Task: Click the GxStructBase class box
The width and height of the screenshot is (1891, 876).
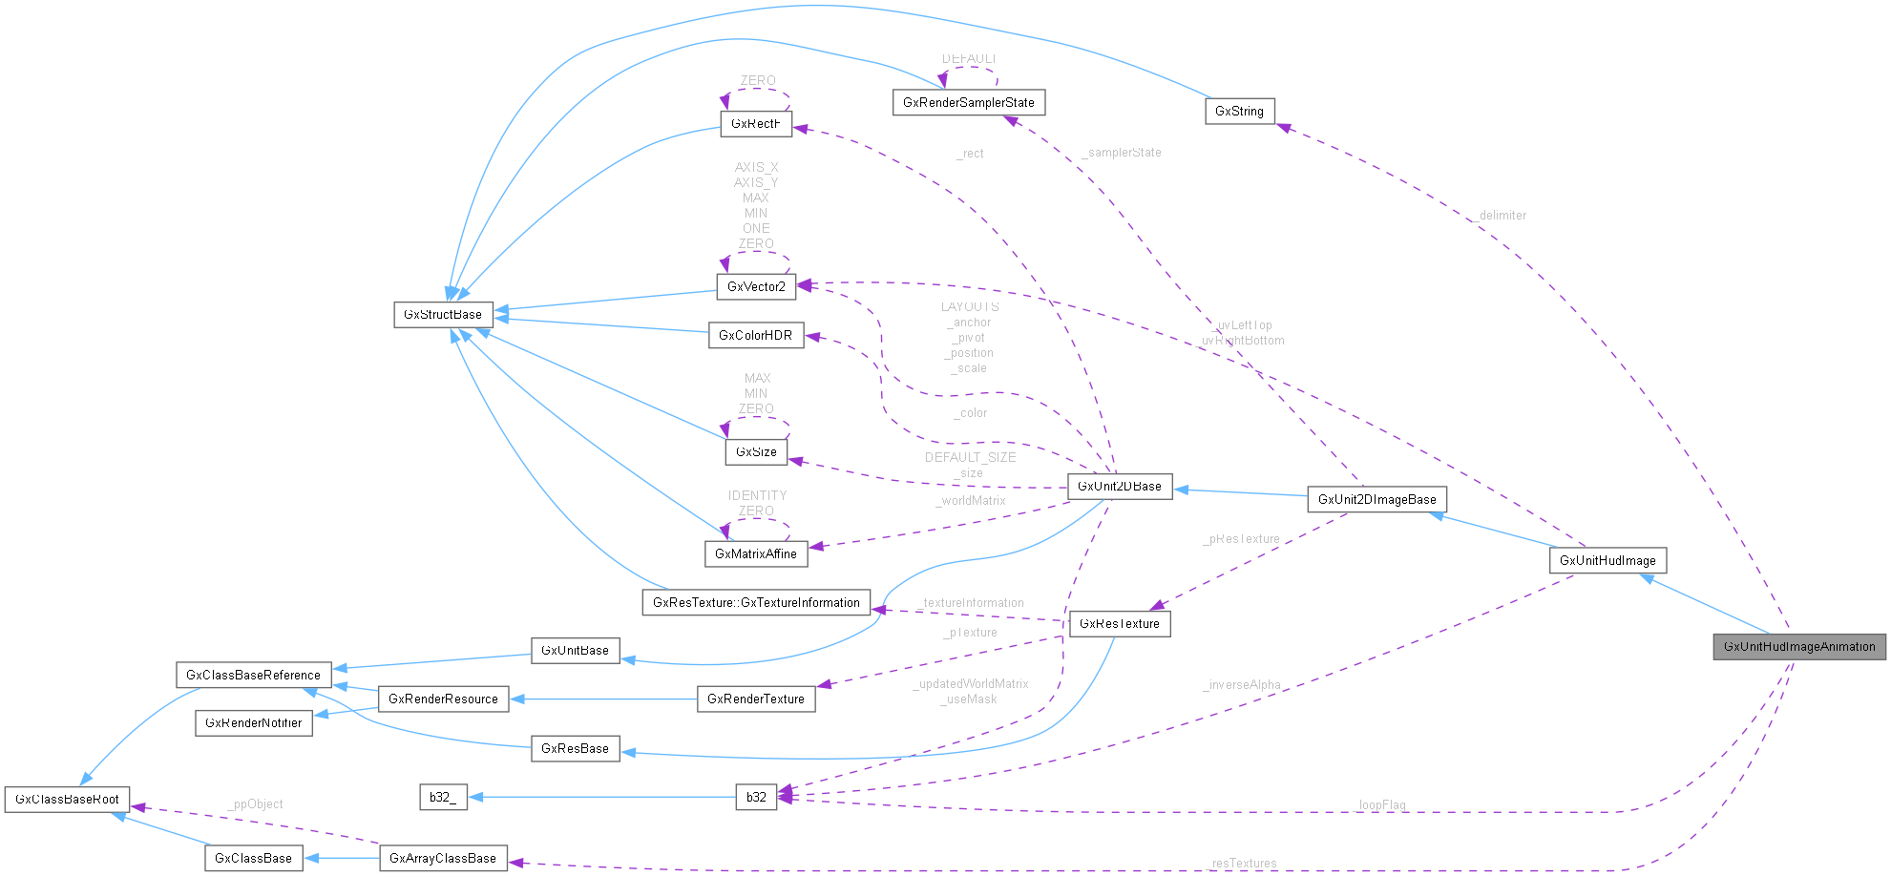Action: coord(443,315)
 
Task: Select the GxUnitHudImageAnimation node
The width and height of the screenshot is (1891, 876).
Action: coord(1799,647)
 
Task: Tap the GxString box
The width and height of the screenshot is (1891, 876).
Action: coord(1239,112)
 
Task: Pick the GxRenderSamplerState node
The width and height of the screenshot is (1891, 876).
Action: coord(969,103)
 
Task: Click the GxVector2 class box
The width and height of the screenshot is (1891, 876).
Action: coord(756,287)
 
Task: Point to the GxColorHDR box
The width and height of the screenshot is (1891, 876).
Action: coord(756,336)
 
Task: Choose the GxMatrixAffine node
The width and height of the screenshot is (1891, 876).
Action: coord(756,554)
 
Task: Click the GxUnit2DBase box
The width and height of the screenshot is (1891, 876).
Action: coord(1120,487)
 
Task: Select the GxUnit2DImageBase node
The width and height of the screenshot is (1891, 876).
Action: coord(1376,500)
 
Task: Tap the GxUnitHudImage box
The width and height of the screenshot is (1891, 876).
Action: coord(1607,561)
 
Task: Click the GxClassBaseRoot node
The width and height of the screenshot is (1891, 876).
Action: coord(67,800)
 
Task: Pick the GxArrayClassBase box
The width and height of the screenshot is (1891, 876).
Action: coord(443,859)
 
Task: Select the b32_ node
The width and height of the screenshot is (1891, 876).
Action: coord(443,798)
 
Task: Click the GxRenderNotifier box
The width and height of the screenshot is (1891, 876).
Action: coord(254,723)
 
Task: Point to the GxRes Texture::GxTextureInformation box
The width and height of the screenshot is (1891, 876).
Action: coord(756,603)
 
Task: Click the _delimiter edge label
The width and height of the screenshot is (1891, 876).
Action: coord(1501,216)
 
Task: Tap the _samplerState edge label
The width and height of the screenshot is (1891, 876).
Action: coord(1123,153)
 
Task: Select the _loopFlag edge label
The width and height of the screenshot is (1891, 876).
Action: coord(1381,805)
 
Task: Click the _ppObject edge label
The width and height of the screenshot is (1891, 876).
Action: coord(256,804)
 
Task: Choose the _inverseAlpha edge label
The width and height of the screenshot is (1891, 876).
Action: coord(1242,685)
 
